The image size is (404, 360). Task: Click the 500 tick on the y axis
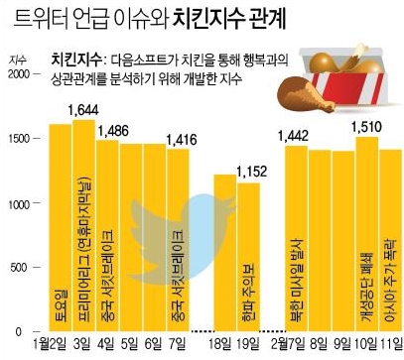[23, 267]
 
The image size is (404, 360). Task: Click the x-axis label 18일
[223, 343]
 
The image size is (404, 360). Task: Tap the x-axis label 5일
[130, 343]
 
